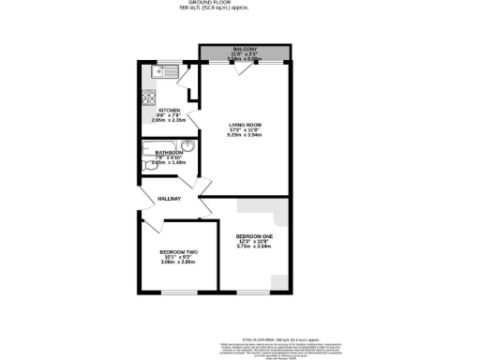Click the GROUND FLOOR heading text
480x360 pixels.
240,4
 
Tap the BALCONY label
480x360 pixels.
247,48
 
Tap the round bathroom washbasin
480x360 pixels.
187,147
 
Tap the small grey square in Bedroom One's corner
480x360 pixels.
279,282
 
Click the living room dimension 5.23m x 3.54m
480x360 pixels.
247,135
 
